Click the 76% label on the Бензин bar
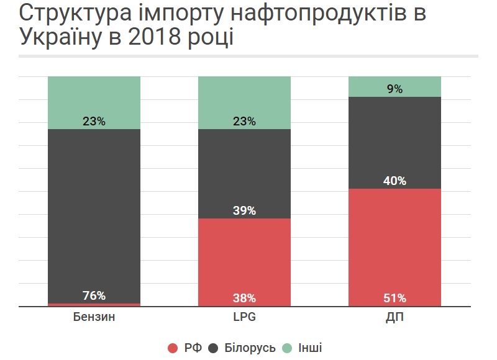click(94, 295)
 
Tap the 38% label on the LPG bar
click(244, 297)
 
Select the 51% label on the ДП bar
click(394, 297)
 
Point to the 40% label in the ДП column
click(394, 181)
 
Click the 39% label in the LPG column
click(244, 210)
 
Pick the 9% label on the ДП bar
click(394, 89)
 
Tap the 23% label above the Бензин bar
click(94, 122)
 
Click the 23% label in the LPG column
click(244, 122)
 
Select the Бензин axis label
click(94, 318)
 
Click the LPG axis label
click(244, 318)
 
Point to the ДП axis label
click(394, 318)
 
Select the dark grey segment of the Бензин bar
click(94, 211)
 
